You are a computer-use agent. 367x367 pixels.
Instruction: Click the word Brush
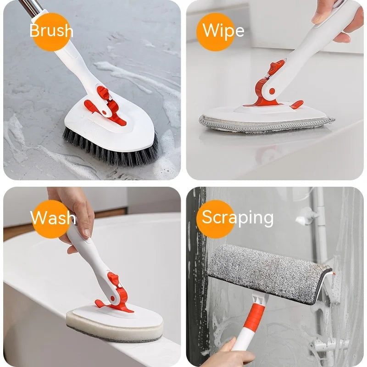click(51, 31)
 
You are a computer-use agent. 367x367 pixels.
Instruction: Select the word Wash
click(53, 217)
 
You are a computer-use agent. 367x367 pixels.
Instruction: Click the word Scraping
click(238, 217)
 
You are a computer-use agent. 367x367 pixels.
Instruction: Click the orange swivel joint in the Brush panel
click(105, 105)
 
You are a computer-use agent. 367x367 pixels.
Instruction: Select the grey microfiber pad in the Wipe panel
click(266, 122)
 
